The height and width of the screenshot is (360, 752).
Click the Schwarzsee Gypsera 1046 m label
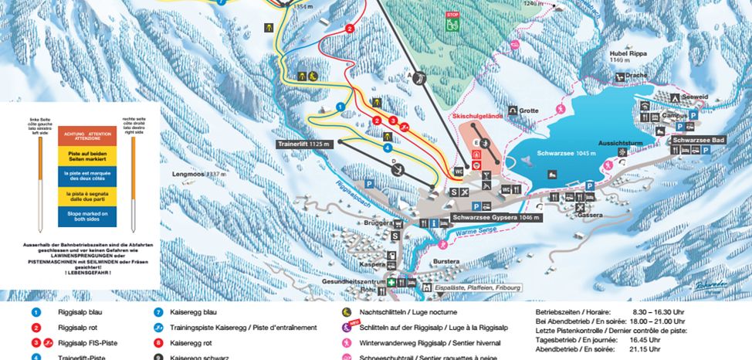(x=496, y=218)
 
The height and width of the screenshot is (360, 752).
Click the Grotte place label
(x=528, y=110)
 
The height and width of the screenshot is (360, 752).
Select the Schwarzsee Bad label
(x=698, y=140)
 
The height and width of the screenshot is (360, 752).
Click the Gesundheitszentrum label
(x=354, y=282)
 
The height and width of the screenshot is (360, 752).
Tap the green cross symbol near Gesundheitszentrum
(x=392, y=283)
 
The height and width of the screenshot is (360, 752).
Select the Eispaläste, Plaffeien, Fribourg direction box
(x=479, y=288)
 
